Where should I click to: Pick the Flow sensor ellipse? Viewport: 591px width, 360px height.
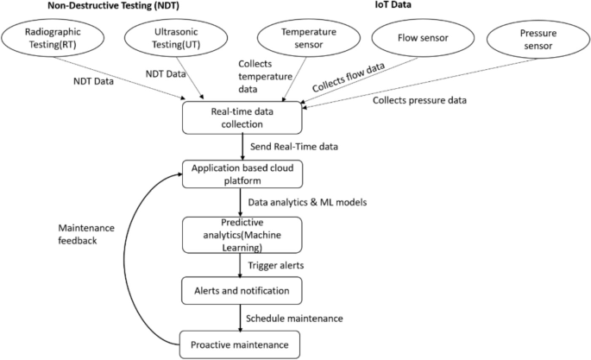coord(422,38)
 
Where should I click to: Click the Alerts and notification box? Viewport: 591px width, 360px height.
coord(242,290)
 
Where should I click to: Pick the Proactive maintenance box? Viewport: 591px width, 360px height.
coord(242,345)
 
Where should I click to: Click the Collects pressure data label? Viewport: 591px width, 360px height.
coord(419,101)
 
